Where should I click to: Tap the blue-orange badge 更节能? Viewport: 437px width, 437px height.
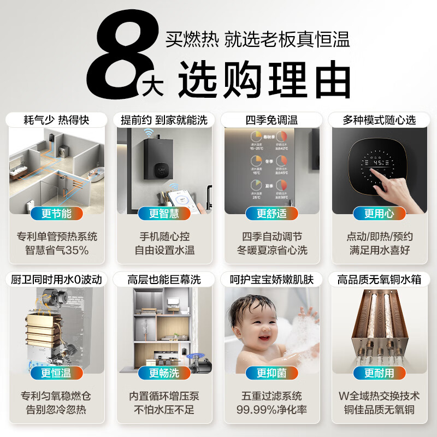point(57,214)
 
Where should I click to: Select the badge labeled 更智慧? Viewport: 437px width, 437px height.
point(164,214)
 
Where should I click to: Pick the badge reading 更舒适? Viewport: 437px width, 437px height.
point(271,214)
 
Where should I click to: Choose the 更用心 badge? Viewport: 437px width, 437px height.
point(379,214)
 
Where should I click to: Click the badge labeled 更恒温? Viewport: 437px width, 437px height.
point(57,373)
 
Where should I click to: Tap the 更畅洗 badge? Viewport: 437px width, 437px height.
point(164,373)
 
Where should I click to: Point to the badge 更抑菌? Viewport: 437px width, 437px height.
point(271,373)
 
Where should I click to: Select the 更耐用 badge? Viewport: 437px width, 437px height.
point(379,373)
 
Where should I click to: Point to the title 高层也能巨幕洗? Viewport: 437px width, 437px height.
point(164,280)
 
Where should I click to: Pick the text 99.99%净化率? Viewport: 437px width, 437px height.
point(271,410)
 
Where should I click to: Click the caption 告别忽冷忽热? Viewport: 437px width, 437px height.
point(57,410)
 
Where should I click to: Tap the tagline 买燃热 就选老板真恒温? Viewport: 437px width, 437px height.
point(257,40)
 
